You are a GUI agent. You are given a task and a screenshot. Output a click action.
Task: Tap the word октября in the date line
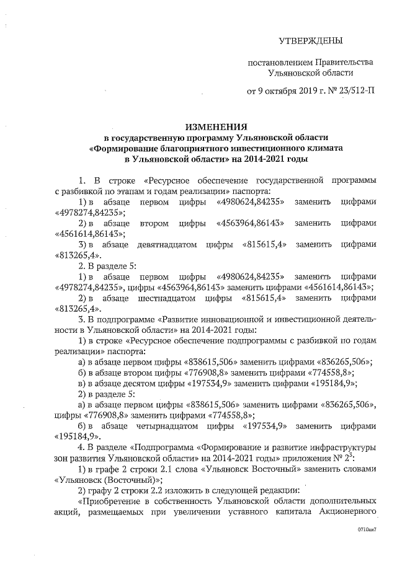pyautogui.click(x=279, y=92)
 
